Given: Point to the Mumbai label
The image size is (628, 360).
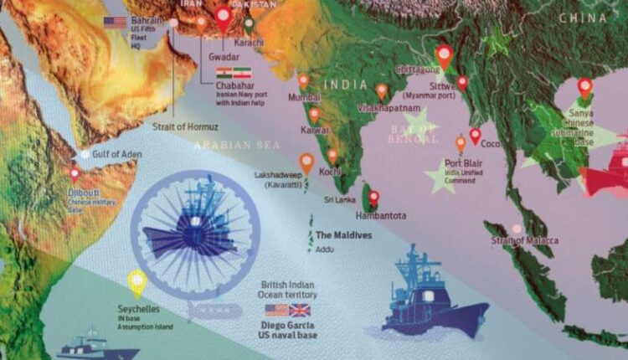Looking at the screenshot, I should tap(305, 98).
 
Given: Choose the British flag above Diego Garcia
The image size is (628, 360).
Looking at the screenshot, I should tap(299, 310).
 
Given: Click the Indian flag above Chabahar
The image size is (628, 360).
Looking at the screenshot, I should tap(224, 73).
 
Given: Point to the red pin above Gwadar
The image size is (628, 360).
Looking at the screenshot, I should tap(223, 17).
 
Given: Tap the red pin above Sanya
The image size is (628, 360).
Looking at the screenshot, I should tap(584, 86).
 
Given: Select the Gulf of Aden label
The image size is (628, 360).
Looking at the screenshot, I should tap(116, 154).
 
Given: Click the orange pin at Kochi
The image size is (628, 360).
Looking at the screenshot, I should tap(332, 156).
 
